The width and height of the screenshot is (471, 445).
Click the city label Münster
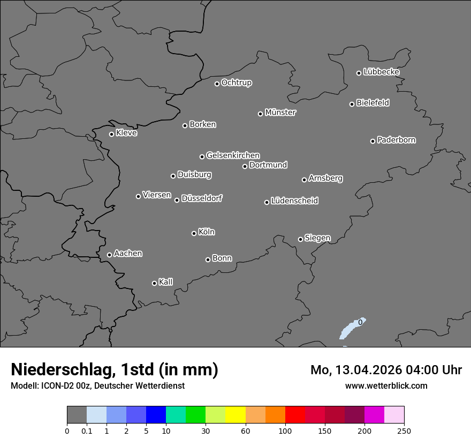(x=280, y=113)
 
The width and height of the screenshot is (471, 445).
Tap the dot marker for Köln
(x=194, y=233)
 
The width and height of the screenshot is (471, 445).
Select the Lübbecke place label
(x=381, y=72)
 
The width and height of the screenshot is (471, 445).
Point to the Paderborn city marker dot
(x=373, y=141)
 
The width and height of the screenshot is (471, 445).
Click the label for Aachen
(x=128, y=254)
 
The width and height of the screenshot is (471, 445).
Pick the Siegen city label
(x=317, y=238)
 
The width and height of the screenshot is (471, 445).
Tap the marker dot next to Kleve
(x=111, y=134)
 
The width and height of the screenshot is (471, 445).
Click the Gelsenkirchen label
(x=233, y=155)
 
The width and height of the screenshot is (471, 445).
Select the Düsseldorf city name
(x=202, y=198)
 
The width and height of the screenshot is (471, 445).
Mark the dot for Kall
(x=154, y=283)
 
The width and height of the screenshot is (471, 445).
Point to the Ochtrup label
(x=236, y=83)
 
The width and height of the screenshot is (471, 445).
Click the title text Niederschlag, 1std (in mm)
(x=115, y=369)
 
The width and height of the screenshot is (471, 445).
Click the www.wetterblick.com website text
(x=386, y=385)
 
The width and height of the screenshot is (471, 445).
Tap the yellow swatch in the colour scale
(x=236, y=415)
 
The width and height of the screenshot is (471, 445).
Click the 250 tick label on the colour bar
(x=404, y=431)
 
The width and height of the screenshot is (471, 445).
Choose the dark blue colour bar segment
(x=156, y=415)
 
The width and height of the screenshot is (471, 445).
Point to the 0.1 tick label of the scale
(x=87, y=431)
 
